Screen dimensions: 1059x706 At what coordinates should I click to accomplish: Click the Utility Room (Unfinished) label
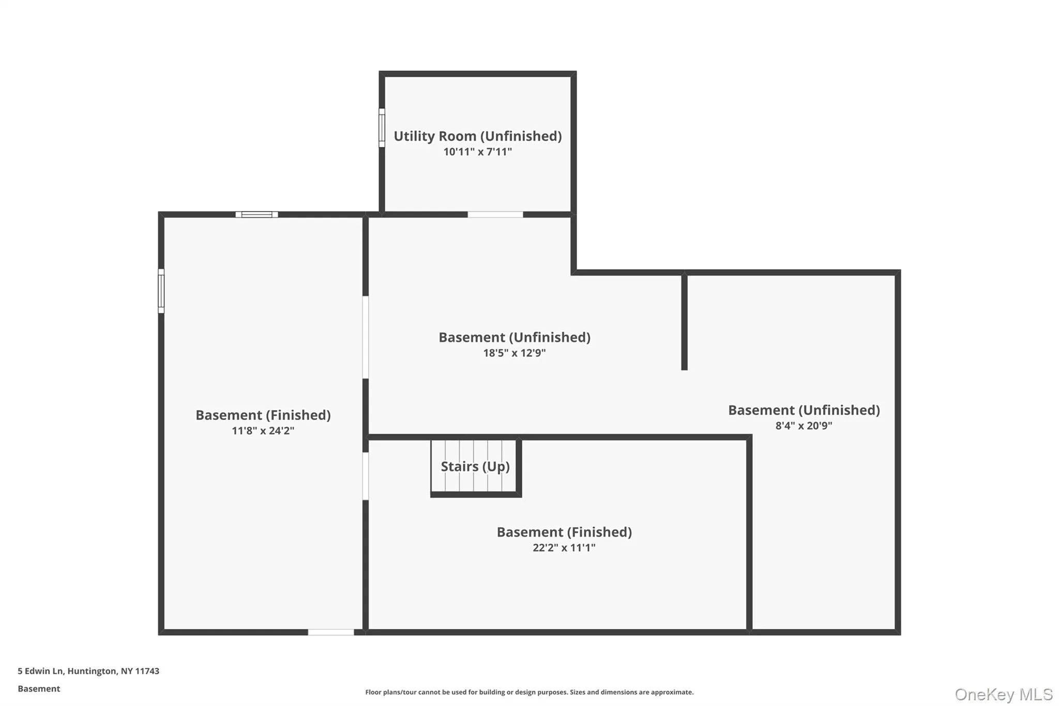(x=477, y=136)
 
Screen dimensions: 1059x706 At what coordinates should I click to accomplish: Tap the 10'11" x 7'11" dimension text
(x=477, y=152)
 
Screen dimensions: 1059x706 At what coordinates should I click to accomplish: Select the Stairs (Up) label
(x=475, y=467)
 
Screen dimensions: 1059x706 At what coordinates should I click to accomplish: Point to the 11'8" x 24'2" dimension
(x=263, y=430)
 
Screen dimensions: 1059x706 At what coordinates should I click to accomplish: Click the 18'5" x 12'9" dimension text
(x=515, y=353)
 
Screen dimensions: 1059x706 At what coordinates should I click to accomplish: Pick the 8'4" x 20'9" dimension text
(x=804, y=426)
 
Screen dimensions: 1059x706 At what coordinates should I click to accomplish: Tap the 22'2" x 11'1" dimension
(x=564, y=547)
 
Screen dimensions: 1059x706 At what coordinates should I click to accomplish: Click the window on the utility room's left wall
(x=382, y=128)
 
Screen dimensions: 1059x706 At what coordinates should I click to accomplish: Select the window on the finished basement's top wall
(x=256, y=215)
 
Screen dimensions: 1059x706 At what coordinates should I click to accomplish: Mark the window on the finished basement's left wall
(x=161, y=291)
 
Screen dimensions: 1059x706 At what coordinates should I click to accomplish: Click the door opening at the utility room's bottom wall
(x=495, y=215)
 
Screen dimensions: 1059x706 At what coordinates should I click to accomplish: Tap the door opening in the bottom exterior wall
(x=331, y=632)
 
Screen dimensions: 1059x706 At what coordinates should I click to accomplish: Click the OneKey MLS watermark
(x=1004, y=694)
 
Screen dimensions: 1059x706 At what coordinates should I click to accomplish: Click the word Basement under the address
(x=39, y=688)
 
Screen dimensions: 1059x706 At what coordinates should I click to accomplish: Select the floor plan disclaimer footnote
(x=529, y=692)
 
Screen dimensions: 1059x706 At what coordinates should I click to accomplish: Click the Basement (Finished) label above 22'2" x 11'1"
(x=564, y=532)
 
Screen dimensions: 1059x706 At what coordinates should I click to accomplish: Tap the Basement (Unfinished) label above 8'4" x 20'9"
(x=804, y=410)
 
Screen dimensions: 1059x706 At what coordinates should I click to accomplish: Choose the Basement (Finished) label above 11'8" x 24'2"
(x=263, y=415)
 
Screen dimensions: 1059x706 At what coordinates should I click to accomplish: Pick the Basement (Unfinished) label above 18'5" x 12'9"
(x=515, y=337)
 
